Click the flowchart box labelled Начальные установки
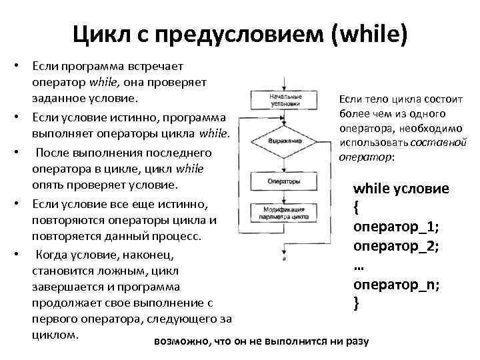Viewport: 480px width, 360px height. pos(285,101)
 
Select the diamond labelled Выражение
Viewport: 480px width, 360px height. pos(285,141)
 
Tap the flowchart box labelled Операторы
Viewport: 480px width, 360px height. pos(285,181)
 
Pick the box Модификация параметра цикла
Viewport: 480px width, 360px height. pos(285,213)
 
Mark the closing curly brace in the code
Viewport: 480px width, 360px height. pos(357,303)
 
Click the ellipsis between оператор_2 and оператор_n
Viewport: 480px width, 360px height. pos(358,265)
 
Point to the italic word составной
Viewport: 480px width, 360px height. pos(438,143)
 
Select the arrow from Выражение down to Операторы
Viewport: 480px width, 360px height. pos(285,163)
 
